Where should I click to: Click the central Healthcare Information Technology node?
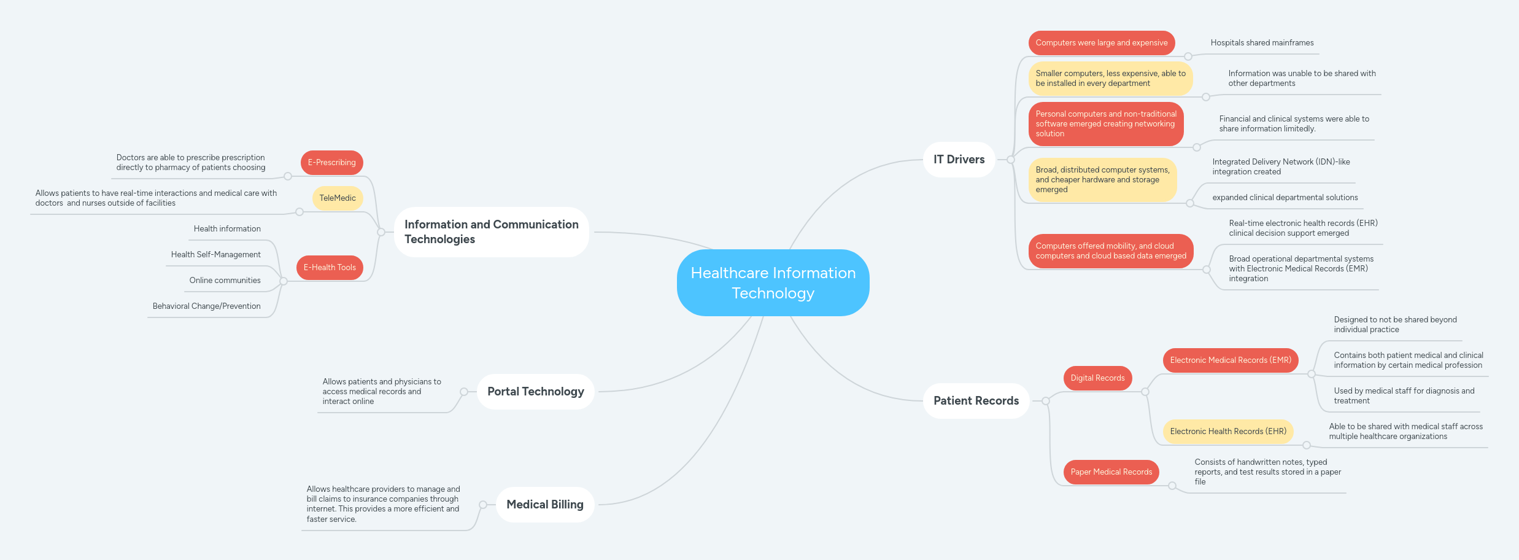(773, 282)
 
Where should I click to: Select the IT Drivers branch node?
(959, 160)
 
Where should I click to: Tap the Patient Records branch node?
(976, 401)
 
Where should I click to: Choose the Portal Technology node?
(535, 392)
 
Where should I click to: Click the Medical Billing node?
(544, 505)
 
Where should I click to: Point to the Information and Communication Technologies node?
(491, 232)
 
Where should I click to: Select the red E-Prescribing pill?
(331, 163)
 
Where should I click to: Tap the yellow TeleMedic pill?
(338, 198)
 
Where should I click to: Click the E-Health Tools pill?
(330, 268)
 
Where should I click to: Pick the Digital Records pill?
(1097, 378)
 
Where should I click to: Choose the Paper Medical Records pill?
(1111, 472)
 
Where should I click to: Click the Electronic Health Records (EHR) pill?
(1227, 432)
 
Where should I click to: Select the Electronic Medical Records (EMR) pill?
(1230, 360)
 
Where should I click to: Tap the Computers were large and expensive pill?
(1101, 43)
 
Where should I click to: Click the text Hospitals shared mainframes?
(1262, 43)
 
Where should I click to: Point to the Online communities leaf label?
(225, 281)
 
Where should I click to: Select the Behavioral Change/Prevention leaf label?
(206, 306)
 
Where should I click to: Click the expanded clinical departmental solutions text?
(1285, 198)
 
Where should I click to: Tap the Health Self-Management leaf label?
(215, 255)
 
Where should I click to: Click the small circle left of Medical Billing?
(483, 505)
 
